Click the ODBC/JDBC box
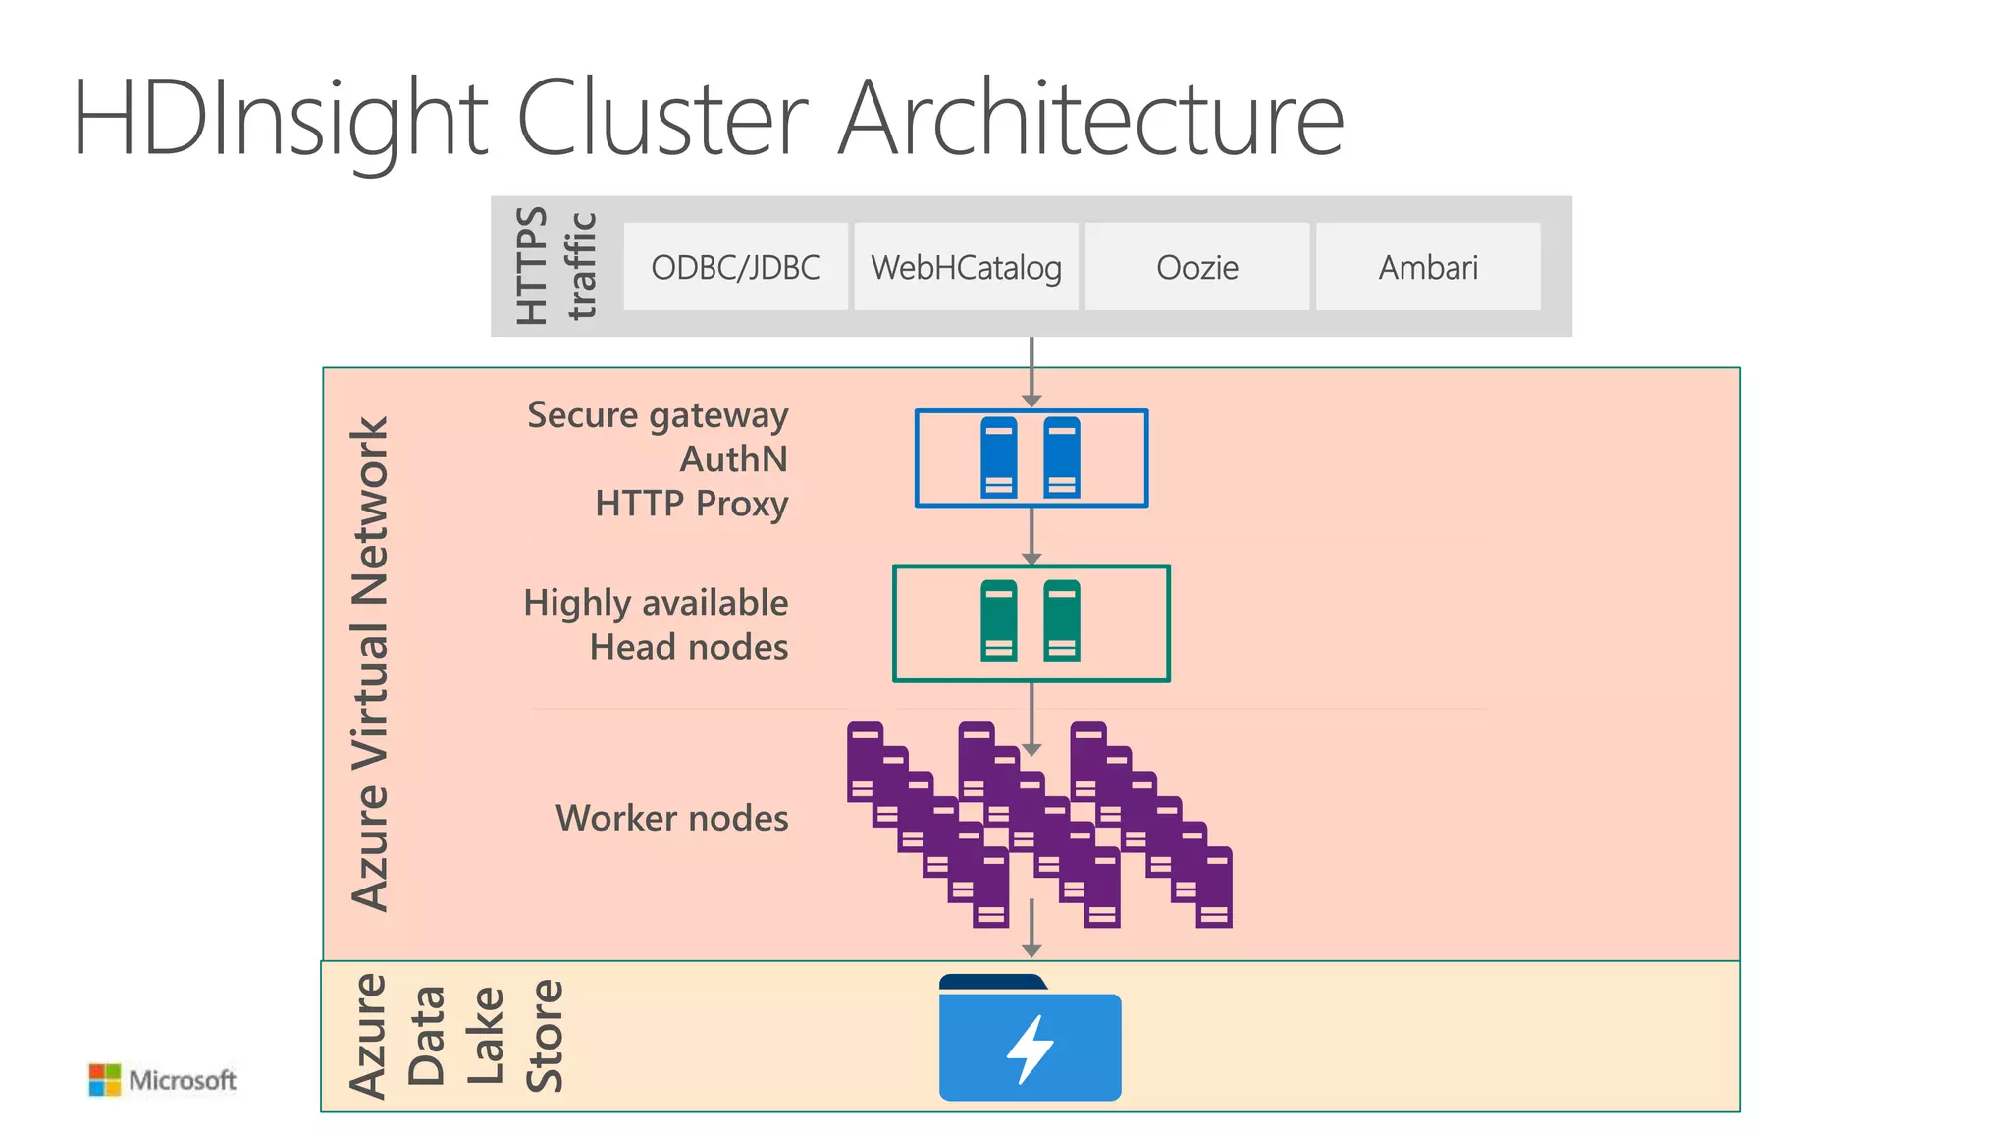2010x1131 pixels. pyautogui.click(x=735, y=267)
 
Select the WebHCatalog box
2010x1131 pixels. pyautogui.click(x=966, y=267)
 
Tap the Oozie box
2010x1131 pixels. pyautogui.click(x=1196, y=267)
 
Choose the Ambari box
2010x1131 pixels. pyautogui.click(x=1428, y=267)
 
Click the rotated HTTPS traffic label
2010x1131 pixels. pyautogui.click(x=555, y=266)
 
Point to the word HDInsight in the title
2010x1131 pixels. pyautogui.click(x=280, y=118)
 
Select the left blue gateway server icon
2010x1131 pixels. pyautogui.click(x=999, y=458)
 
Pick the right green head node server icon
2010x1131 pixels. pyautogui.click(x=1062, y=620)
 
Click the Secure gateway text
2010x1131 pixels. pyautogui.click(x=658, y=415)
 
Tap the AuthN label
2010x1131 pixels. pyautogui.click(x=734, y=459)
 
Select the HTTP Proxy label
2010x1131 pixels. pyautogui.click(x=691, y=504)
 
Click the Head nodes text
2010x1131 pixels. pyautogui.click(x=688, y=647)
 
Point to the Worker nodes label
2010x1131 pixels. pyautogui.click(x=671, y=818)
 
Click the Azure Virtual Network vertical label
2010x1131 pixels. pyautogui.click(x=371, y=664)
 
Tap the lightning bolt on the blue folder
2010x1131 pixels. pyautogui.click(x=1030, y=1049)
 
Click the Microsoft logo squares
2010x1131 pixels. pyautogui.click(x=104, y=1080)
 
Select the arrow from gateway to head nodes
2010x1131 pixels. pyautogui.click(x=1031, y=536)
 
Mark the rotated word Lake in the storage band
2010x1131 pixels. pyautogui.click(x=485, y=1036)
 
